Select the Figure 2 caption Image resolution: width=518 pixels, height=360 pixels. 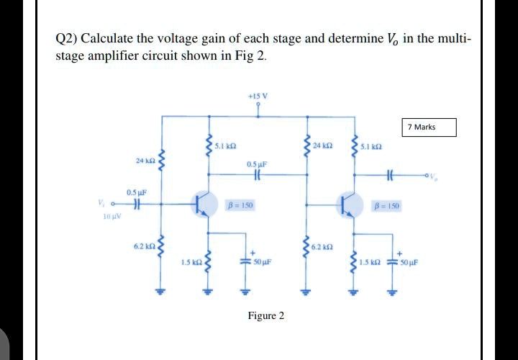pos(265,315)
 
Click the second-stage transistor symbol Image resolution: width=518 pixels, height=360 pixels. pos(352,204)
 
